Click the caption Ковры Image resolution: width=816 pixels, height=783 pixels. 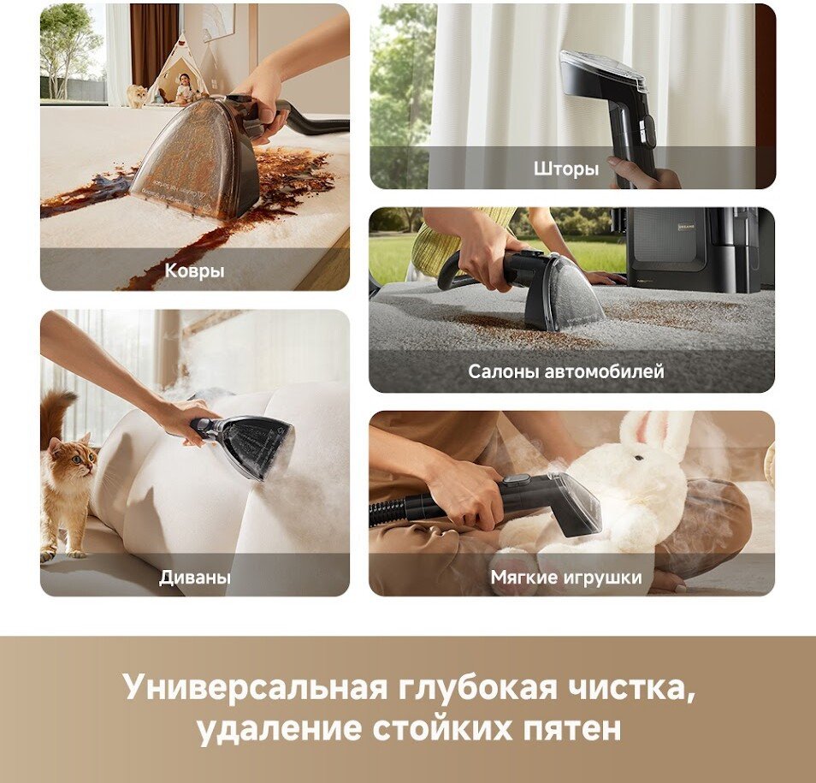click(x=195, y=270)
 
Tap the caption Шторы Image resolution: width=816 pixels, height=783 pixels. click(x=566, y=169)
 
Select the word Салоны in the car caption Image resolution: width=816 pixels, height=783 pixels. click(x=503, y=371)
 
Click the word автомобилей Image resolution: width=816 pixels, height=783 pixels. click(x=604, y=371)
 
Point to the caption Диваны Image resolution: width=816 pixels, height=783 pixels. click(x=195, y=577)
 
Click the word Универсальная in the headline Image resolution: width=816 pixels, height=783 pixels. click(x=256, y=687)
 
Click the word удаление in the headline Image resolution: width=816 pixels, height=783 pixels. click(x=280, y=728)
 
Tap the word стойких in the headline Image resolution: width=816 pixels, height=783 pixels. click(x=442, y=728)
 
